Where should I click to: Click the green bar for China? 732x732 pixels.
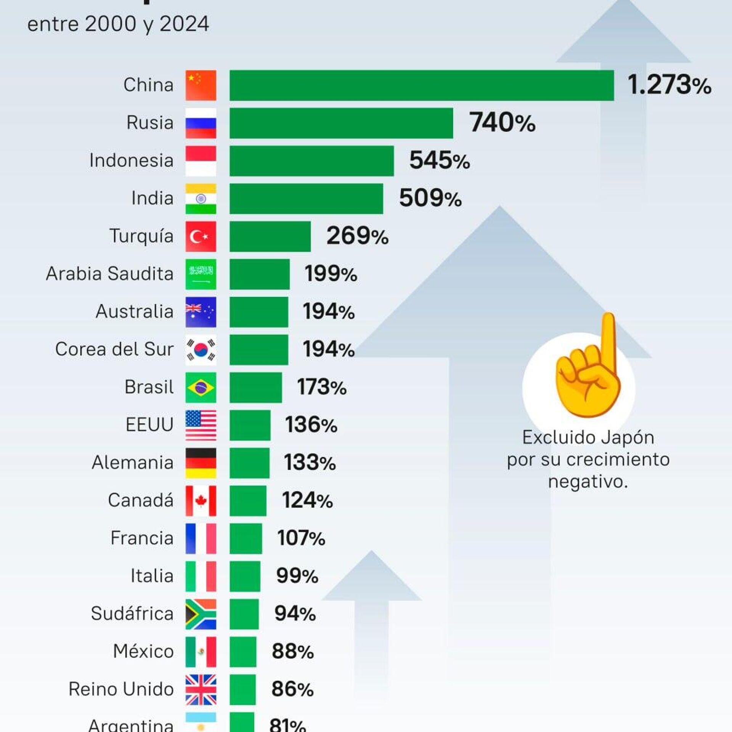(421, 85)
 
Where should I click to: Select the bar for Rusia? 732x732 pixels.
(341, 123)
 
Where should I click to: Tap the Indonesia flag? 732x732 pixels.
(201, 161)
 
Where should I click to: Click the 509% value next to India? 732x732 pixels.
(430, 199)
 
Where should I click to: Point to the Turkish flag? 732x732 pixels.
(201, 236)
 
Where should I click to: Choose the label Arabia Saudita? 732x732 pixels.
(109, 274)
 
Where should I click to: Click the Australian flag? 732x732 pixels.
(201, 312)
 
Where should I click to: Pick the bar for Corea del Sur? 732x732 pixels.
(259, 349)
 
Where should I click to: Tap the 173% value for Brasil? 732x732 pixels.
(322, 387)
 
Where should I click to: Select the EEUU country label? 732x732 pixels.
(149, 424)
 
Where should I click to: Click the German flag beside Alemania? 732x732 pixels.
(201, 463)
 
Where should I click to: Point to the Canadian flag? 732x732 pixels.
(201, 501)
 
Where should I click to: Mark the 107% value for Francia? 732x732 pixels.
(301, 538)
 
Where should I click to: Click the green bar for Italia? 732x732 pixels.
(245, 576)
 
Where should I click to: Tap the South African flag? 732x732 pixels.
(201, 614)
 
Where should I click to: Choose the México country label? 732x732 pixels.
(143, 651)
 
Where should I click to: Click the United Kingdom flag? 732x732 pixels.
(201, 690)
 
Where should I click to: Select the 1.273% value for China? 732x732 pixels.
(669, 85)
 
